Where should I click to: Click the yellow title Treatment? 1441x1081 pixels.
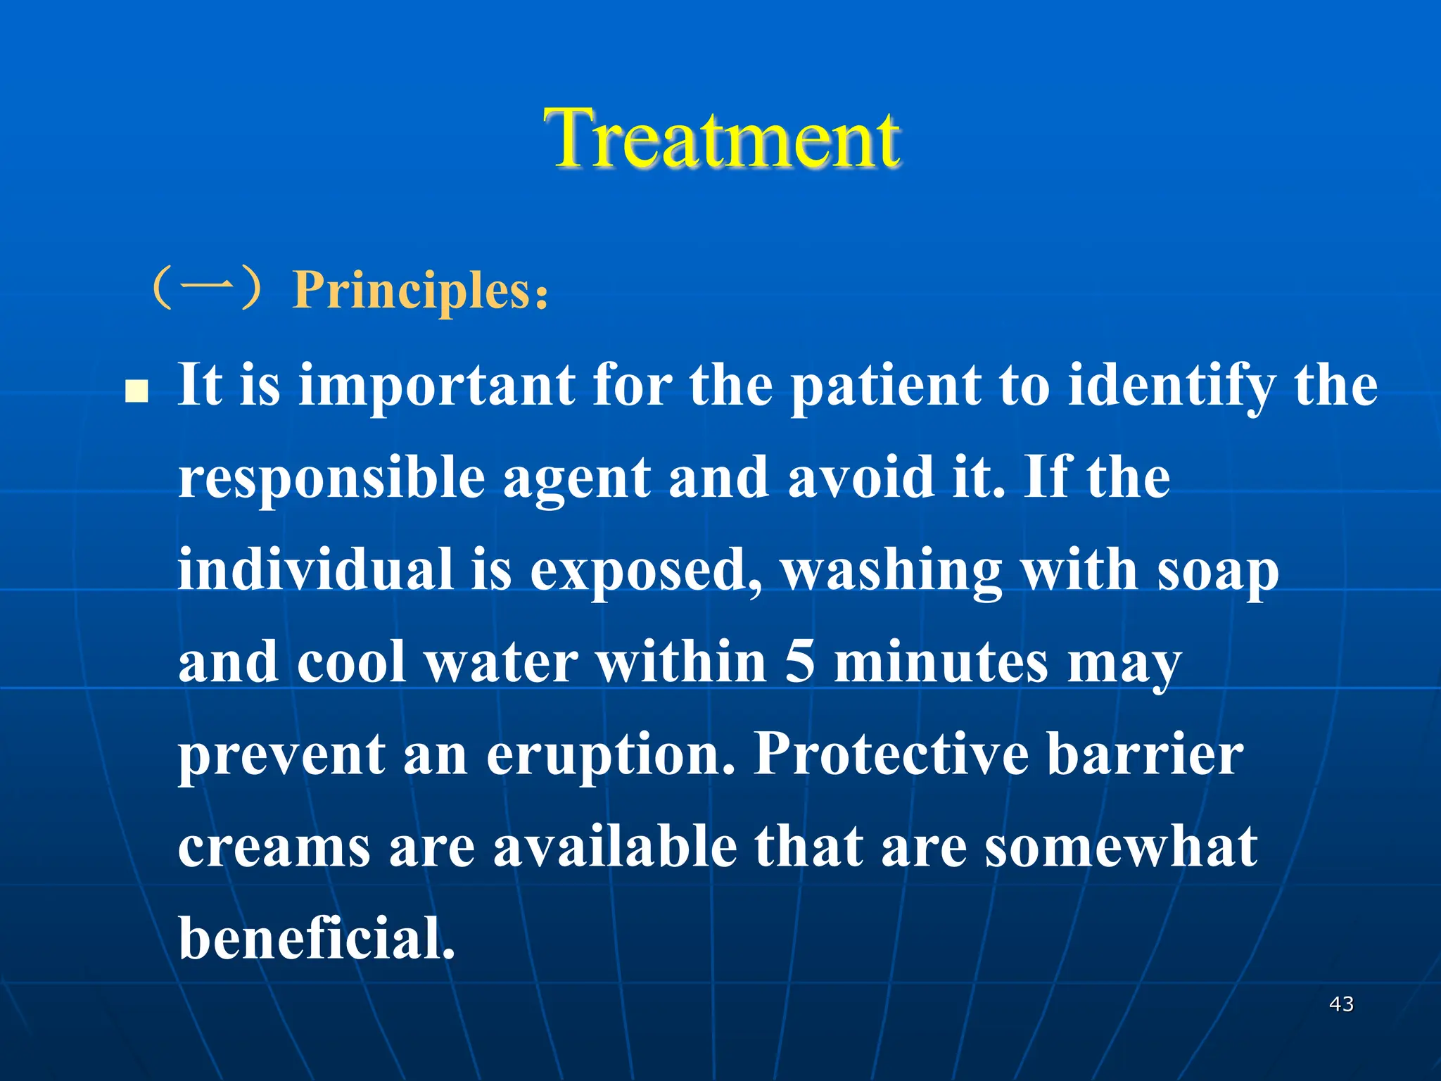pos(722,139)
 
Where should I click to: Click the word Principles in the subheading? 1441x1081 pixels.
pos(412,290)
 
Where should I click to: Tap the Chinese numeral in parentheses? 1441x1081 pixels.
pos(209,288)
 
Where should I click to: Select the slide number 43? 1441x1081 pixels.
pos(1341,1004)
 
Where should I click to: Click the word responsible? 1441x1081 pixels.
pos(331,479)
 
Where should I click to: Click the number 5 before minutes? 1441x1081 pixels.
pos(799,662)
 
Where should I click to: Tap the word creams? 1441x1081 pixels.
pos(274,847)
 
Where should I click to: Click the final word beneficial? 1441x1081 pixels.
pos(317,938)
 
